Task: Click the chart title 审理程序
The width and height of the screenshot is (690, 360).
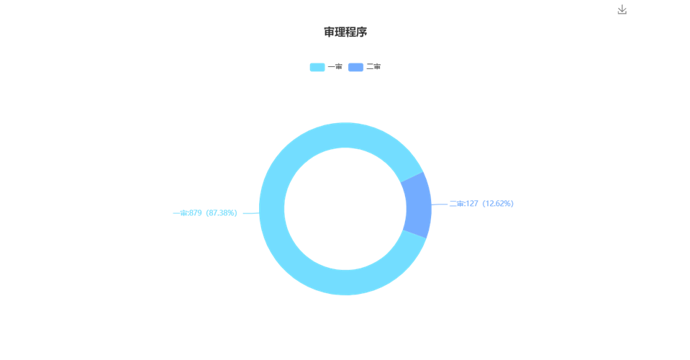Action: click(x=345, y=32)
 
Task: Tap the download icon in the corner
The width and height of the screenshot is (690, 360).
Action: click(x=622, y=9)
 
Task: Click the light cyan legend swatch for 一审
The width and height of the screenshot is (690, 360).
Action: click(x=317, y=67)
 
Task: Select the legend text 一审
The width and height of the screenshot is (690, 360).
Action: click(x=335, y=67)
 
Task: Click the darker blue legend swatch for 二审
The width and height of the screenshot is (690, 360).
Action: click(x=355, y=67)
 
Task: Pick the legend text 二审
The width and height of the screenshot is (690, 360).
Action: click(x=373, y=67)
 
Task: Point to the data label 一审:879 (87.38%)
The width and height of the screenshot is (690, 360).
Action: click(x=205, y=213)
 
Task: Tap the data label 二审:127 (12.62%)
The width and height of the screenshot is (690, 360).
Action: click(x=481, y=204)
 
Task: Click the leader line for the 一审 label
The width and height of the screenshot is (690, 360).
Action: click(x=251, y=213)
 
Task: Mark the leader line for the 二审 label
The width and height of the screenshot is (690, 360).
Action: click(x=440, y=204)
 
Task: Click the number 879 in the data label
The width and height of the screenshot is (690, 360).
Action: click(x=196, y=213)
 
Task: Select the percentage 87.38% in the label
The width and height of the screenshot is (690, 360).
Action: click(x=222, y=213)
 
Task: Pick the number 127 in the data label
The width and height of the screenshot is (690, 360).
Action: click(x=472, y=204)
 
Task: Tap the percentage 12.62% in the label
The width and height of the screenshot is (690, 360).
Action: click(x=498, y=204)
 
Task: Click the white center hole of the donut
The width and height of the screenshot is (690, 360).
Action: click(x=345, y=209)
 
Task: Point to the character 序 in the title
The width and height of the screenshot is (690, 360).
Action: click(x=362, y=32)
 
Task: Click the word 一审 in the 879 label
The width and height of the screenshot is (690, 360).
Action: click(x=181, y=213)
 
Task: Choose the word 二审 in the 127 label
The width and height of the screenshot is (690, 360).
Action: click(x=457, y=204)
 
